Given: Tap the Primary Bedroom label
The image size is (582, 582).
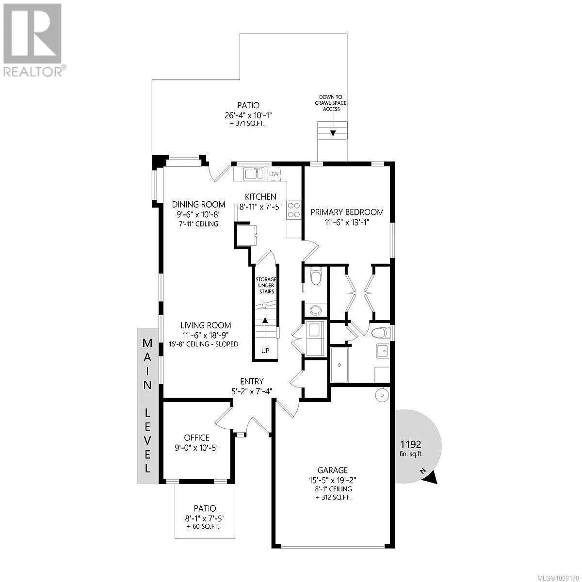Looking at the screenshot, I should [x=347, y=212].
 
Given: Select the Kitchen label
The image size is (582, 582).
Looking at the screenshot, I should [x=260, y=196].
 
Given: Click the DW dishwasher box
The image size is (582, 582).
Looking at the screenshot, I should [x=274, y=174].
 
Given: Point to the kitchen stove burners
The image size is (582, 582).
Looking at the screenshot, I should [x=294, y=210].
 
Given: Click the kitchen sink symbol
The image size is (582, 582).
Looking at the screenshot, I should [x=254, y=173].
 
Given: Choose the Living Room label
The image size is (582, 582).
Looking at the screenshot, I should [x=206, y=325].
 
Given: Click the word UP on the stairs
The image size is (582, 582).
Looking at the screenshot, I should [x=265, y=350].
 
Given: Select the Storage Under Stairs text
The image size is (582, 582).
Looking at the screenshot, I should [x=265, y=285].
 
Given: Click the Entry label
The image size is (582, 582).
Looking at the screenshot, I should [x=252, y=382].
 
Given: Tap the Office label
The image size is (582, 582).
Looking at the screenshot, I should [x=196, y=437].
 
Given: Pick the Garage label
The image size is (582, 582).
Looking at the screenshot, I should [x=333, y=470].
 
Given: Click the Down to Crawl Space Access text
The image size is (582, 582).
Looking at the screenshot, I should [x=332, y=103].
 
